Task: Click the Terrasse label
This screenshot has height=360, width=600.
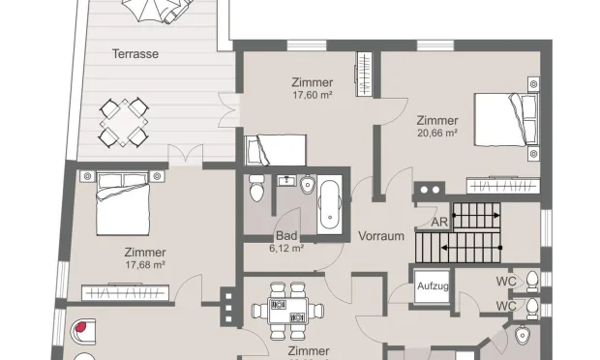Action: (x=135, y=54)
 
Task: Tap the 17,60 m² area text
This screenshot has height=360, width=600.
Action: (x=313, y=95)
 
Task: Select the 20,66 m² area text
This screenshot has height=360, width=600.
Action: (x=437, y=134)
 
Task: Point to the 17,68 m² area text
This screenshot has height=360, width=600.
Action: (x=145, y=265)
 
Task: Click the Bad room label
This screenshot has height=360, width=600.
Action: (x=286, y=236)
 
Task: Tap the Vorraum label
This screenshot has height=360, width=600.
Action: (x=381, y=236)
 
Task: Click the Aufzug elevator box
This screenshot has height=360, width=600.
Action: (x=433, y=286)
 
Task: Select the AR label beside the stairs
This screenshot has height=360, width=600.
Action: (x=439, y=223)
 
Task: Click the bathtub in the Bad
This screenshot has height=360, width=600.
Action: (x=330, y=204)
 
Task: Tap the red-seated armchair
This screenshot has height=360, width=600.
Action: (x=83, y=331)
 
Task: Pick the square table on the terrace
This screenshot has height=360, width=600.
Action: (x=124, y=123)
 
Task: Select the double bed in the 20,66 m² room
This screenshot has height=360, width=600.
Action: (x=506, y=119)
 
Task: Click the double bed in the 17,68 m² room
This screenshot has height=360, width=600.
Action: (x=123, y=204)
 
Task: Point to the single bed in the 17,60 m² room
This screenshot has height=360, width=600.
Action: (x=276, y=150)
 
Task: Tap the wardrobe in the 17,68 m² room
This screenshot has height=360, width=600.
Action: (x=126, y=292)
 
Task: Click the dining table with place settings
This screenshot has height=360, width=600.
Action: (x=287, y=311)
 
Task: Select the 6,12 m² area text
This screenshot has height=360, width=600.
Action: (x=286, y=249)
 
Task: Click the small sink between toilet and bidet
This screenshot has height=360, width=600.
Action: (x=286, y=181)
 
